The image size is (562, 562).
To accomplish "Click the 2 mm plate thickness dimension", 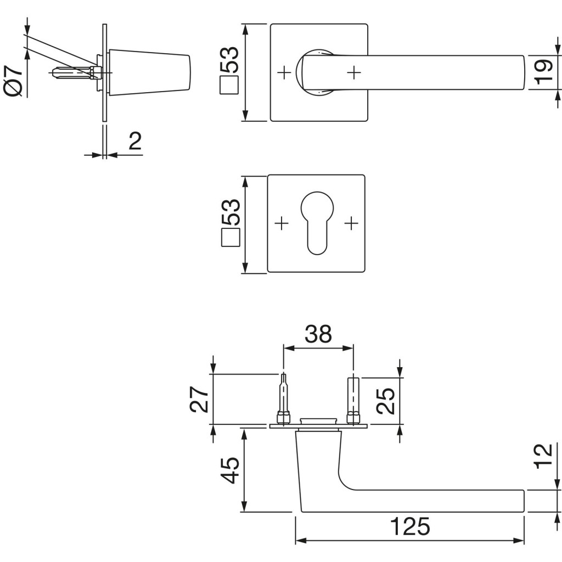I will pyautogui.click(x=135, y=142).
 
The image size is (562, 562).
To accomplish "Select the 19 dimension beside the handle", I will pyautogui.click(x=543, y=72).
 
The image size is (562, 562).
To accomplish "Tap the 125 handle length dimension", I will pyautogui.click(x=409, y=527).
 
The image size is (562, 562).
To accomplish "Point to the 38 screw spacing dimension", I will pyautogui.click(x=318, y=334).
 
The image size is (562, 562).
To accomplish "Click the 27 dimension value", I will pyautogui.click(x=200, y=399).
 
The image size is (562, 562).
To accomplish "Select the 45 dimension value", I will pyautogui.click(x=231, y=470).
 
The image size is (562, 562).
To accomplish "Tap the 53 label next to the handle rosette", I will pyautogui.click(x=231, y=60).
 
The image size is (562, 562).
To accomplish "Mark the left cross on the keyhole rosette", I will pyautogui.click(x=281, y=223).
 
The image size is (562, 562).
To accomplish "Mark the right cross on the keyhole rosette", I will pyautogui.click(x=351, y=223).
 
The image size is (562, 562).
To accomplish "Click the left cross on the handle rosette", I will pyautogui.click(x=284, y=71).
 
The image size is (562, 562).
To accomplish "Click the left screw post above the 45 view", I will pyautogui.click(x=283, y=398).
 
